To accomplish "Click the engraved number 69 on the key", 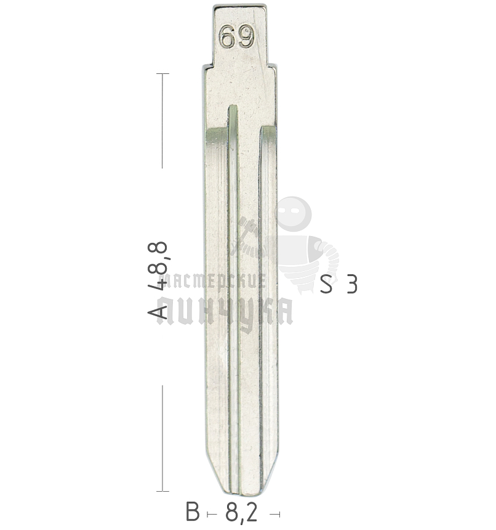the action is (x=237, y=37).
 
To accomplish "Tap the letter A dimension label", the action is (x=158, y=311).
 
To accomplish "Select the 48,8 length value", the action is (x=158, y=266).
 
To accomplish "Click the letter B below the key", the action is (x=193, y=512).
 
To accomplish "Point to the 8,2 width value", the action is (x=241, y=513).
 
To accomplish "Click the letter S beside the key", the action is (x=326, y=284).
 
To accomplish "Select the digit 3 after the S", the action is (x=351, y=284).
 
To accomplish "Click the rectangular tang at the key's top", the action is (x=240, y=35).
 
